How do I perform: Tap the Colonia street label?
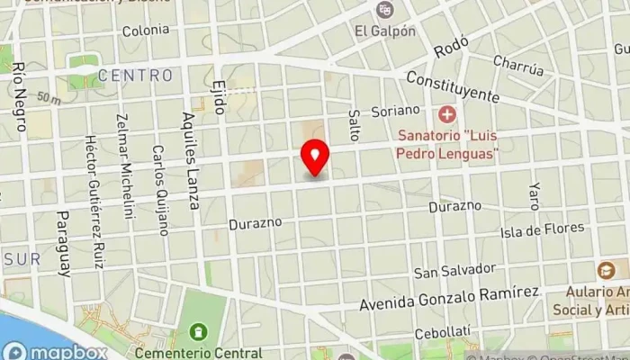coord(146,30)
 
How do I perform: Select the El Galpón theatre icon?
coord(385,10)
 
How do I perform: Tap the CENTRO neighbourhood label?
coord(135,75)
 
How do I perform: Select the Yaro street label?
coord(535,197)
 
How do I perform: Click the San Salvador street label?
coord(454,270)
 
